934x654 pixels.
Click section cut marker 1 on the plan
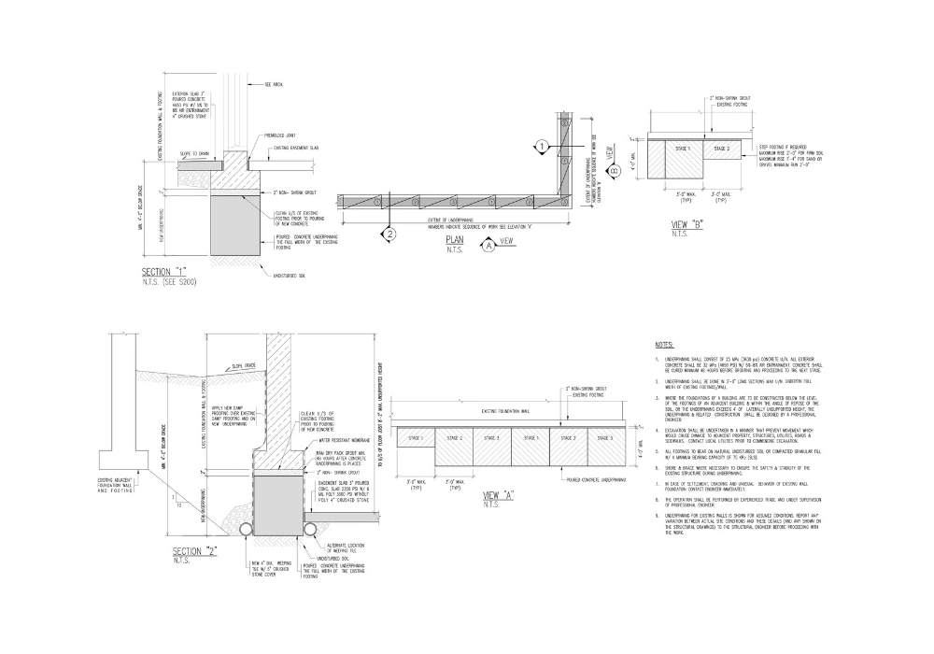(x=540, y=146)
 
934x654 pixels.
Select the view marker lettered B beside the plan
(x=614, y=171)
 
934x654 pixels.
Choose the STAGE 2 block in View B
(x=721, y=149)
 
